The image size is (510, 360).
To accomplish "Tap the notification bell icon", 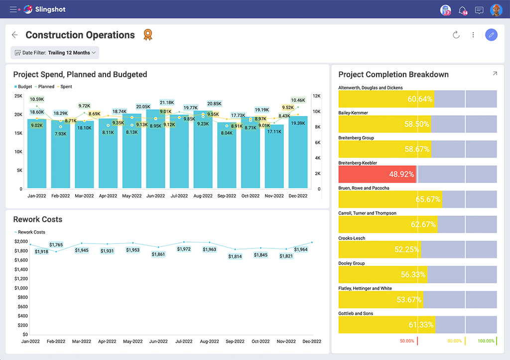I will (463, 9).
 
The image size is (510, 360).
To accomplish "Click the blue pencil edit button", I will (491, 35).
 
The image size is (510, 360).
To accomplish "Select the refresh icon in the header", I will (456, 35).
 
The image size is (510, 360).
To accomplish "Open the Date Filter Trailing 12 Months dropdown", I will (55, 53).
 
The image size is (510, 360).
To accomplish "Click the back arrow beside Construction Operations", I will (15, 35).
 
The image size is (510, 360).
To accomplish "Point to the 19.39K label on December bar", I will (298, 123).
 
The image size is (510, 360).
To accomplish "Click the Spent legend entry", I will (66, 87).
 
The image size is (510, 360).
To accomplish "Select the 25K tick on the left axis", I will (18, 96).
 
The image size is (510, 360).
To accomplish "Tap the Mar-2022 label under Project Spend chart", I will (84, 196).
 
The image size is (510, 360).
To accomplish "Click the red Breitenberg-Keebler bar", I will (377, 174).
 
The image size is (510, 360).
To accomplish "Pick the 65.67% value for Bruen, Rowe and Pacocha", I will (428, 199).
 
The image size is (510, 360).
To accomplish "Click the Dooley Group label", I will (352, 263).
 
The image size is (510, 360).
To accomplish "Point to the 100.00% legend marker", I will (486, 341).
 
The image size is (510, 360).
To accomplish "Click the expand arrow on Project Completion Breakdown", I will (495, 74).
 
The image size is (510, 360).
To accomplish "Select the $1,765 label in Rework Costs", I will (56, 244).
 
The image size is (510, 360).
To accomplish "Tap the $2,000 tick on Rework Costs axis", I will (20, 241).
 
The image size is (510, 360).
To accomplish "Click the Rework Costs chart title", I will (38, 220).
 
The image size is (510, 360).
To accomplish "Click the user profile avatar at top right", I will (496, 9).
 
